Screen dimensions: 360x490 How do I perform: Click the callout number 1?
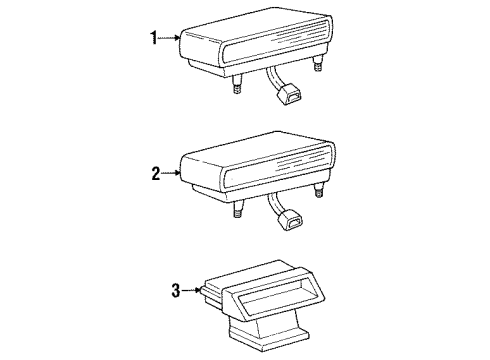point(154,39)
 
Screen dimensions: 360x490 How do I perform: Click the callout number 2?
point(155,173)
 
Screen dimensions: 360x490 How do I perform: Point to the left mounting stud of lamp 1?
point(238,88)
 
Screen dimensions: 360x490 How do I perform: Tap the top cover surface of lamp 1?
point(250,30)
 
